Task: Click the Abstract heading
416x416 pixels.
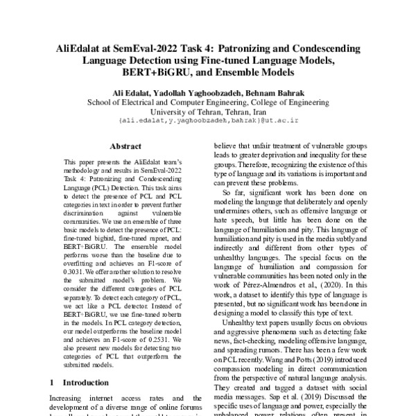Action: (x=125, y=146)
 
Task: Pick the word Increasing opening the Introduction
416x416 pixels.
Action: (x=69, y=398)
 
